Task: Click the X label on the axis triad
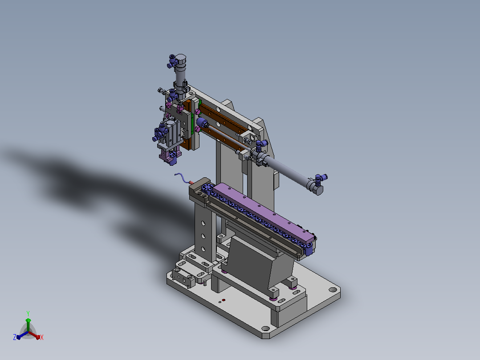(42, 337)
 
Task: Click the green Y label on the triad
(28, 313)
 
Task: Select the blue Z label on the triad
(15, 337)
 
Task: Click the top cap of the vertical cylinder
(181, 58)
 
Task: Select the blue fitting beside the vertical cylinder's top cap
(172, 61)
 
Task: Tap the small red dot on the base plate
(224, 300)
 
